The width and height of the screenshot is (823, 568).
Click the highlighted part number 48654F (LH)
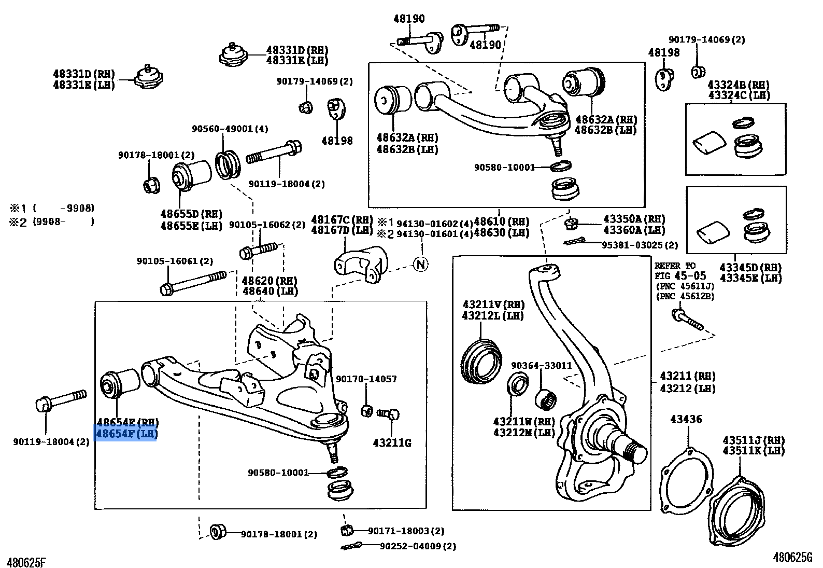coord(126,434)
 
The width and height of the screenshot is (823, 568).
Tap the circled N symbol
coord(421,264)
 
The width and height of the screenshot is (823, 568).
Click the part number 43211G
coord(392,442)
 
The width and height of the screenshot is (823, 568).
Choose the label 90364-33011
coord(541,365)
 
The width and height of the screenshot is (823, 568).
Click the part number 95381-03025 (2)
coord(640,245)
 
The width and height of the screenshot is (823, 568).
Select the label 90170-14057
coord(366,379)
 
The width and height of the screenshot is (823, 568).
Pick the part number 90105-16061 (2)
coord(175,261)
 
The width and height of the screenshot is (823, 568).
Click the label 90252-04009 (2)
coord(418,546)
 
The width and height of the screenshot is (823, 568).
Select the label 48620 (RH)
coord(270,281)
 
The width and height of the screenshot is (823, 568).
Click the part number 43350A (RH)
coord(634,219)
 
